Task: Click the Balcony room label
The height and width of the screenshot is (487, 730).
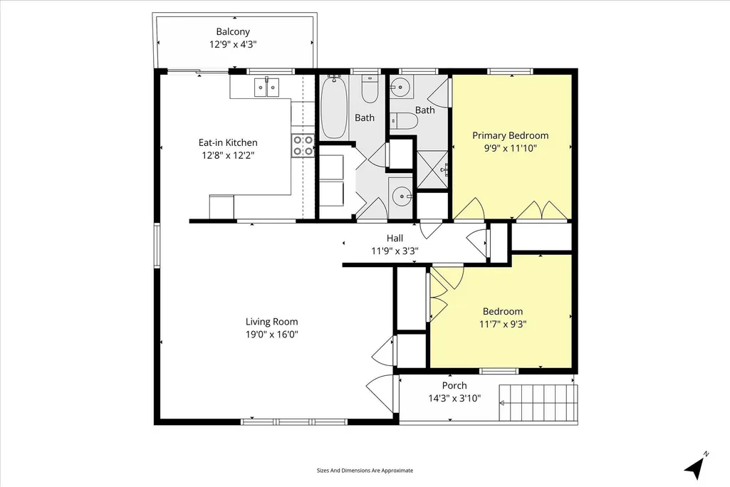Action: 233,32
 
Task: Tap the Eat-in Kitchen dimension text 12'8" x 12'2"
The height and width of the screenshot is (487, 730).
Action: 228,155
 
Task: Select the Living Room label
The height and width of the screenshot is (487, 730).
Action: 272,322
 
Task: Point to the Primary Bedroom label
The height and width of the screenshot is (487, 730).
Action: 510,136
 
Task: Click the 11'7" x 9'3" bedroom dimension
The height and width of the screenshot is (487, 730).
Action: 503,324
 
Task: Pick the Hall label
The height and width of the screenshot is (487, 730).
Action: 395,239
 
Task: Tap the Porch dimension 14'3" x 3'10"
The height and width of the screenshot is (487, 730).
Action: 454,399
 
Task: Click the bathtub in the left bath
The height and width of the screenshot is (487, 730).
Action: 334,107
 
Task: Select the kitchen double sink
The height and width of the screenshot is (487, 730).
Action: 267,87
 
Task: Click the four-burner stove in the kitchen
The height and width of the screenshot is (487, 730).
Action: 303,145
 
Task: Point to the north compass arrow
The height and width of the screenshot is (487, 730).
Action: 697,466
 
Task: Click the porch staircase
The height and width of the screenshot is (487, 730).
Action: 538,402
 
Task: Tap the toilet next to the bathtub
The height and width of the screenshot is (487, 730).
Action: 370,89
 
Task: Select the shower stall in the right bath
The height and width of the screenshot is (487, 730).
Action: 432,170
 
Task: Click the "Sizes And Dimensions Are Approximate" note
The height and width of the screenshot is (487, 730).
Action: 365,471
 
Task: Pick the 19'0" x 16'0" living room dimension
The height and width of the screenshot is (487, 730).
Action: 272,335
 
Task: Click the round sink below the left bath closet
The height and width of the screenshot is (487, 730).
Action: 400,197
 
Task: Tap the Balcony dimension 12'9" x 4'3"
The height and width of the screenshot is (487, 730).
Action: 233,45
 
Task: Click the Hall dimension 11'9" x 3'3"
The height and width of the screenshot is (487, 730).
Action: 395,251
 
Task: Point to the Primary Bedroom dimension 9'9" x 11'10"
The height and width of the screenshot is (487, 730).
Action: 510,149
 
